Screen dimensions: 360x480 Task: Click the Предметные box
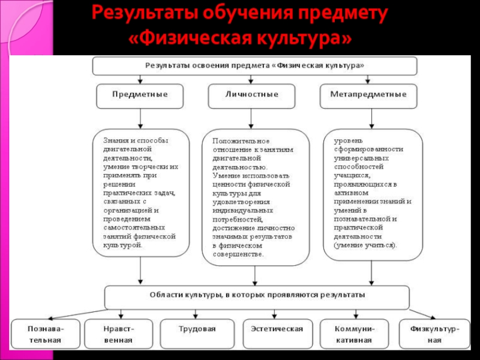coord(140,95)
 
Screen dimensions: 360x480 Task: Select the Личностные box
coord(251,95)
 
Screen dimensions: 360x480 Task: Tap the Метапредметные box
coord(368,95)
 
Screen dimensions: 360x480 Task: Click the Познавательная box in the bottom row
coord(45,334)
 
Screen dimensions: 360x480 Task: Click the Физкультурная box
coord(435,334)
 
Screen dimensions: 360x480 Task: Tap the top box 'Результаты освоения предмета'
coord(254,65)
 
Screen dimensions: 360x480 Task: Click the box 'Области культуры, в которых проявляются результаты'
coord(257,296)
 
